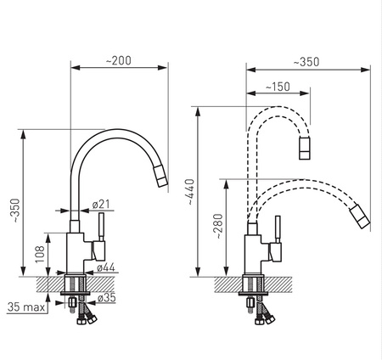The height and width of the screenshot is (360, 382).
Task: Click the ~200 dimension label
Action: [119, 60]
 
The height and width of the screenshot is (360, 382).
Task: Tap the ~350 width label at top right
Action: [306, 62]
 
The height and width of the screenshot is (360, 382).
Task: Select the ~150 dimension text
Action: [278, 87]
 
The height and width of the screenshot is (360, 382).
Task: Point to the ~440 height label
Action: [190, 192]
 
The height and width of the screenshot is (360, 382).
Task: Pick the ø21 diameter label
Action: [101, 204]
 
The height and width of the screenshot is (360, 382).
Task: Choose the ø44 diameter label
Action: [106, 267]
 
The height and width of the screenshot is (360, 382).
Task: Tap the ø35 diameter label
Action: [107, 298]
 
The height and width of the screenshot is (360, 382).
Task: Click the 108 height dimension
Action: [40, 255]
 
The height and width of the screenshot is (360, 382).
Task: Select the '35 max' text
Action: [26, 307]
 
